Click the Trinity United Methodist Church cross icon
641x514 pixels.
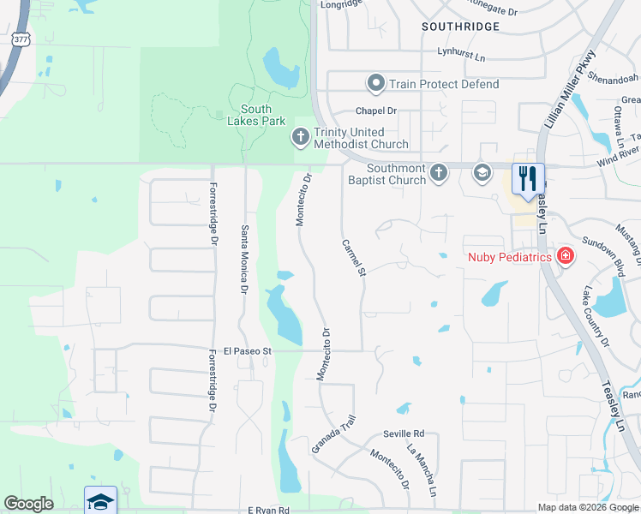(x=300, y=136)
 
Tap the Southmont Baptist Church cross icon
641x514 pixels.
(x=438, y=173)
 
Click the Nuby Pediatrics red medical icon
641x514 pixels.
(x=565, y=256)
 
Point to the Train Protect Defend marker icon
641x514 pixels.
(x=375, y=84)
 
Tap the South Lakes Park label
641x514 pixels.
(x=255, y=115)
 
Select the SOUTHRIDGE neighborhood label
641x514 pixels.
(x=460, y=27)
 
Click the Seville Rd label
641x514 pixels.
(x=404, y=434)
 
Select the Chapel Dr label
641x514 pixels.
(x=377, y=111)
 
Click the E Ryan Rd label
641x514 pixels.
(x=269, y=510)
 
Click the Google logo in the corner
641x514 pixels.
(x=29, y=504)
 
